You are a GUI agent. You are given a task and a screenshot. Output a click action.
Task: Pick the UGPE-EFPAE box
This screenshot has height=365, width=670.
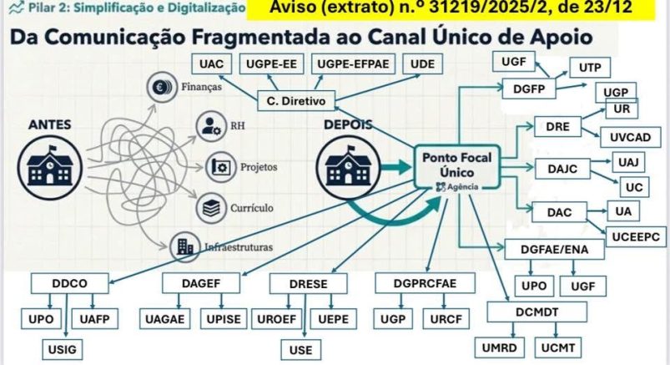click(x=352, y=64)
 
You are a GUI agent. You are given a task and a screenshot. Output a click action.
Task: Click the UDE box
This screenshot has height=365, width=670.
click(x=422, y=64)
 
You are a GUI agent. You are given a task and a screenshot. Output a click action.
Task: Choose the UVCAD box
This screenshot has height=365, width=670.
click(x=630, y=136)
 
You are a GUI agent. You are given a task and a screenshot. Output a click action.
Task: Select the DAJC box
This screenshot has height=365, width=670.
click(x=557, y=169)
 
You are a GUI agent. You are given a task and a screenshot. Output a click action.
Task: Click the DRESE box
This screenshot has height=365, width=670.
click(x=307, y=284)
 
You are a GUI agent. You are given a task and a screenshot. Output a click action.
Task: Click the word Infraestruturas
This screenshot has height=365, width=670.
click(x=238, y=247)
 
